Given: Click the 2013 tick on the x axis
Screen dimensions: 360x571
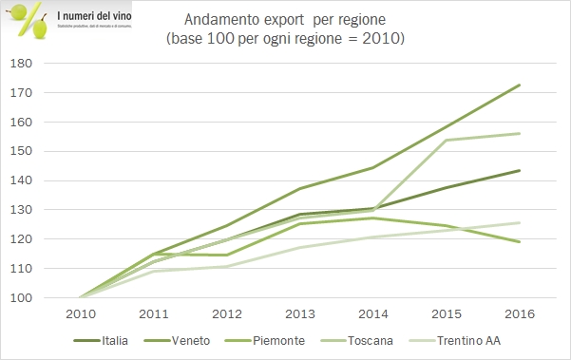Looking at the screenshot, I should tap(299, 315).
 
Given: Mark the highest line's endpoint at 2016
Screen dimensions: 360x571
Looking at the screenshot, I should tap(520, 85).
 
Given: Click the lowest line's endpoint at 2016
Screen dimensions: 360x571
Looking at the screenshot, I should tap(520, 242).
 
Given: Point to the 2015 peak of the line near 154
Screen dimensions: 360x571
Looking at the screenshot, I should tap(447, 140).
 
